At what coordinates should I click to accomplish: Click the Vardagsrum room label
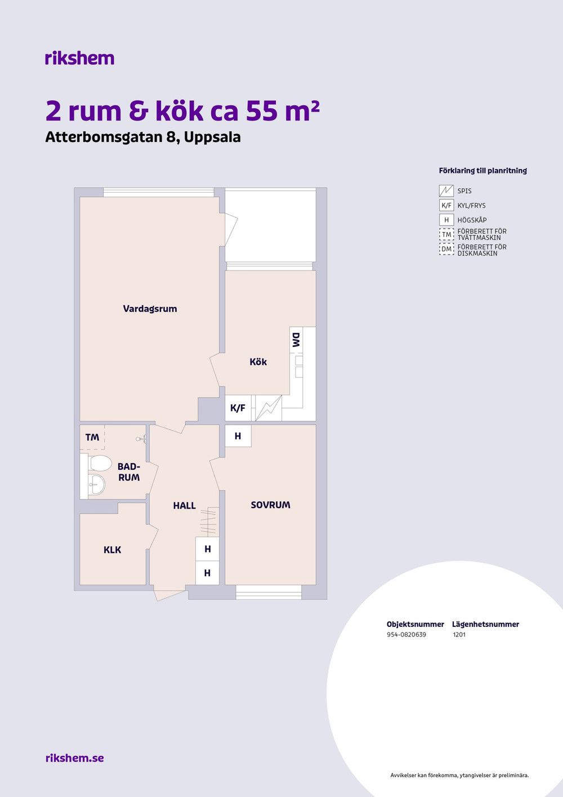[x=150, y=309]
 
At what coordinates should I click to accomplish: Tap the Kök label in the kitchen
[x=258, y=362]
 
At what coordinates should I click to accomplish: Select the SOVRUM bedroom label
[x=270, y=505]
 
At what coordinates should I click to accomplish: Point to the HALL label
[x=184, y=506]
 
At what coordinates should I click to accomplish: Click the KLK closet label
[x=113, y=550]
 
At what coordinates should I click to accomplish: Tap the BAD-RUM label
[x=129, y=472]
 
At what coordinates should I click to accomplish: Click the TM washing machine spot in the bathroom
[x=92, y=437]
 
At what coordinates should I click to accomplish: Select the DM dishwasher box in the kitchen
[x=296, y=340]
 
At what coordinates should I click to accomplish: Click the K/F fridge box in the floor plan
[x=238, y=408]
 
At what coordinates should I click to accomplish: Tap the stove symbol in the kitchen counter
[x=269, y=408]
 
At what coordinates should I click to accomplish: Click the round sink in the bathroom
[x=96, y=484]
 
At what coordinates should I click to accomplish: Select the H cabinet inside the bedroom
[x=238, y=436]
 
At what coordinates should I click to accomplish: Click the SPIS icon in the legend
[x=446, y=191]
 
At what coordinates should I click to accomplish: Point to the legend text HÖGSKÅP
[x=472, y=220]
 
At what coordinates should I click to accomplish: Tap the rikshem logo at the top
[x=80, y=58]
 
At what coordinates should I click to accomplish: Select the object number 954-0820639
[x=406, y=634]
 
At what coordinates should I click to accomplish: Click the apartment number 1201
[x=459, y=634]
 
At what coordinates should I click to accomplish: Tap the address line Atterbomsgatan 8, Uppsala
[x=143, y=137]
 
